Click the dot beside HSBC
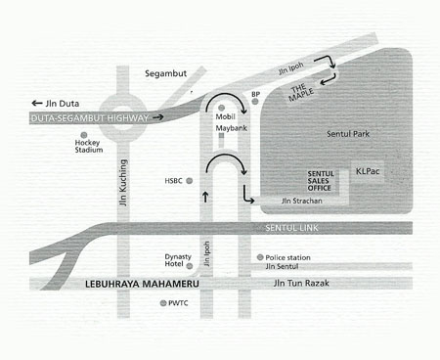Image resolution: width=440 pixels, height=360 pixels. [x=190, y=181]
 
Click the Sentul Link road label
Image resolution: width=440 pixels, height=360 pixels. [x=291, y=227]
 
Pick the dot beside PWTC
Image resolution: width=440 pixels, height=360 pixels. [x=163, y=304]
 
